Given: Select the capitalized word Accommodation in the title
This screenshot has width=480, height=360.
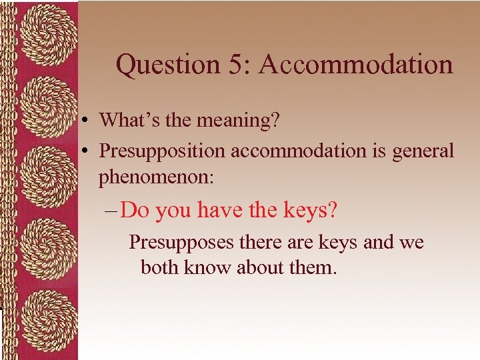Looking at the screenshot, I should [355, 65].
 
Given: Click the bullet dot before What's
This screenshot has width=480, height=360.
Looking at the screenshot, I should [87, 121].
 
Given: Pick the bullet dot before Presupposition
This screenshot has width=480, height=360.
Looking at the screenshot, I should [87, 151].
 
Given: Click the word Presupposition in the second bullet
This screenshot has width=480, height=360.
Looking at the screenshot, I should [163, 151].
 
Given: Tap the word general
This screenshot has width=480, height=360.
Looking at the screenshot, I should [422, 151].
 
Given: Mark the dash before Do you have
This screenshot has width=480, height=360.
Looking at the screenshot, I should [111, 211].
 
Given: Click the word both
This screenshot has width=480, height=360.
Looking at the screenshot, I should [157, 267].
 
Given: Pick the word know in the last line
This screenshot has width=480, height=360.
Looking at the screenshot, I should [204, 267].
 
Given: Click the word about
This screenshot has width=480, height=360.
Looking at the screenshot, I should [256, 267].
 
